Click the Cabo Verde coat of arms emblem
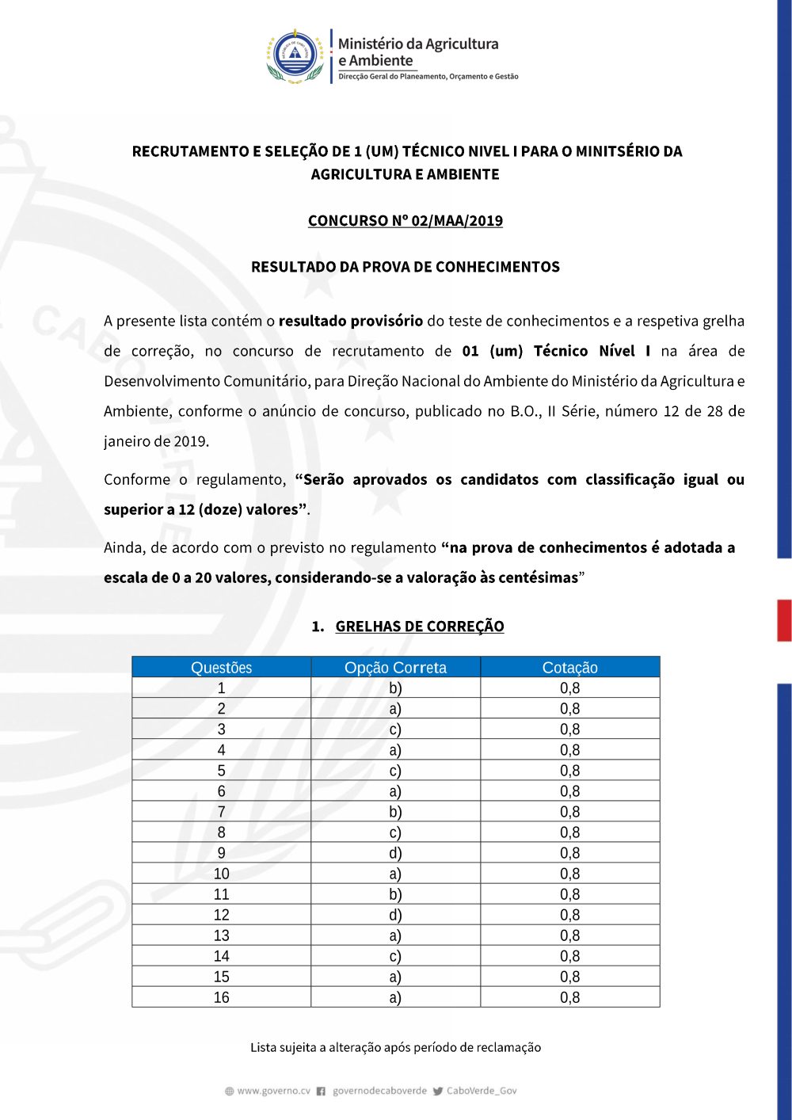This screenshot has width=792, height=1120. [295, 56]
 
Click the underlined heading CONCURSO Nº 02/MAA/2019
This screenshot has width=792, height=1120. [405, 221]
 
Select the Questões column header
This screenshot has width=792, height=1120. [221, 668]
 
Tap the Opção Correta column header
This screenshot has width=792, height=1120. [395, 668]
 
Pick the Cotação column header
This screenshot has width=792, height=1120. [569, 668]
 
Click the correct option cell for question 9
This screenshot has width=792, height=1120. [395, 853]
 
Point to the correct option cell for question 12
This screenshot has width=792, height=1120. [395, 915]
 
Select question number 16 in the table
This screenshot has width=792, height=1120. [221, 997]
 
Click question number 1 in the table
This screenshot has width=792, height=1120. [221, 688]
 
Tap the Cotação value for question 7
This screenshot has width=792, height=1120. [569, 812]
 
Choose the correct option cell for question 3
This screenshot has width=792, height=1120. [395, 730]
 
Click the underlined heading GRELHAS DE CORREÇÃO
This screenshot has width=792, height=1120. [419, 627]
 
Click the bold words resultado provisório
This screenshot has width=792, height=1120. [350, 321]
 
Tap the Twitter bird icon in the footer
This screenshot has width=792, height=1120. [438, 1091]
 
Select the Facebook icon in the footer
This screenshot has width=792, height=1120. [321, 1091]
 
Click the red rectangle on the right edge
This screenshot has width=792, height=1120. [784, 620]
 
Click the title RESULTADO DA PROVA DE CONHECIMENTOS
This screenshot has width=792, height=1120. [405, 267]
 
